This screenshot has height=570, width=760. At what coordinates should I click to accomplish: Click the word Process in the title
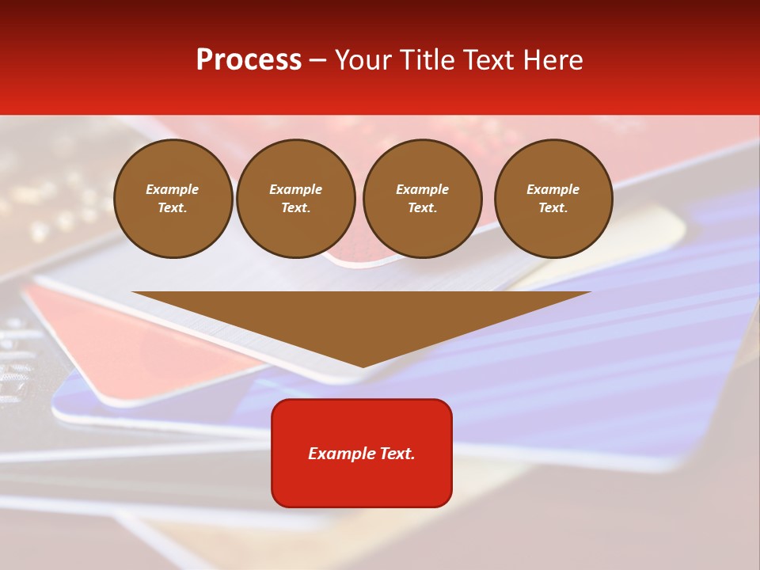(x=249, y=60)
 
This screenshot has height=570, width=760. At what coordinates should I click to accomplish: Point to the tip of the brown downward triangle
(x=363, y=366)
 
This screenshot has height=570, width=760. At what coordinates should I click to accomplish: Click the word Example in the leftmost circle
(x=173, y=189)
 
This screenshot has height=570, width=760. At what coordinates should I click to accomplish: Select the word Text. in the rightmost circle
(x=553, y=207)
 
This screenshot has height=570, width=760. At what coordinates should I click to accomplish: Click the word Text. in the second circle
(x=296, y=207)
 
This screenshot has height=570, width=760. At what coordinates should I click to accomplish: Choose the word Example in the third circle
(x=422, y=189)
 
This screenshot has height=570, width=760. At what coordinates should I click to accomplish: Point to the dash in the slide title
(x=318, y=60)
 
